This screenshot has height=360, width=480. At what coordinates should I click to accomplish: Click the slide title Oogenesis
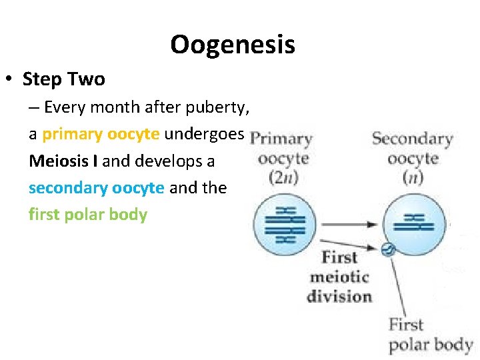tap(232, 45)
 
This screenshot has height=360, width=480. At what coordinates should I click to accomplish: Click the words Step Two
tap(64, 79)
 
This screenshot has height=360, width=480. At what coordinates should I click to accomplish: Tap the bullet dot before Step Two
tap(8, 80)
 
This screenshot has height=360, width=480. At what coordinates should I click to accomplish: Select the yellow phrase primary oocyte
tap(101, 134)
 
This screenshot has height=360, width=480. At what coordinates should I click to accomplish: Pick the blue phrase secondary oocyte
tap(96, 188)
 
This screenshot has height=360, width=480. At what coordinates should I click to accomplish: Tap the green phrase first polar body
tap(87, 215)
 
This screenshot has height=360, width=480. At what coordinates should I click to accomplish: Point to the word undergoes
tap(205, 134)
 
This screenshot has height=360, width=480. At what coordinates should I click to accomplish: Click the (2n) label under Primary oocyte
tap(283, 178)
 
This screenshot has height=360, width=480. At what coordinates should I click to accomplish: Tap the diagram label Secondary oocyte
tap(412, 149)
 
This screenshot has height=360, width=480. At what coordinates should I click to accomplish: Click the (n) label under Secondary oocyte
tap(413, 178)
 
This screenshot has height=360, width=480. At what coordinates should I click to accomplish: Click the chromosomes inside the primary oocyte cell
tap(284, 223)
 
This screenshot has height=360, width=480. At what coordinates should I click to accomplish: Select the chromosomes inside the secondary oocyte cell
tap(415, 223)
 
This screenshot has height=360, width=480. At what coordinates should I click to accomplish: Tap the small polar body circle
tap(387, 251)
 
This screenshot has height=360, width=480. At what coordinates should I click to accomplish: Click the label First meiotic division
tap(339, 277)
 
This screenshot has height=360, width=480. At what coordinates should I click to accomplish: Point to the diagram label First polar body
tap(430, 335)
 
